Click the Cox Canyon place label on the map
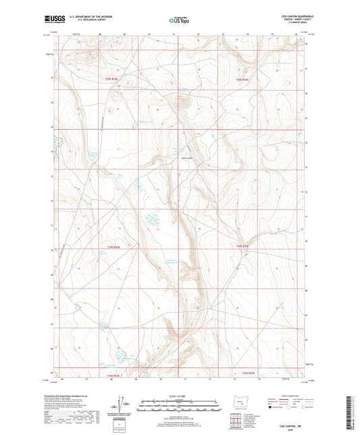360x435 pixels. point(187,159)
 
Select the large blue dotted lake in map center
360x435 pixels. point(152,220)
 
